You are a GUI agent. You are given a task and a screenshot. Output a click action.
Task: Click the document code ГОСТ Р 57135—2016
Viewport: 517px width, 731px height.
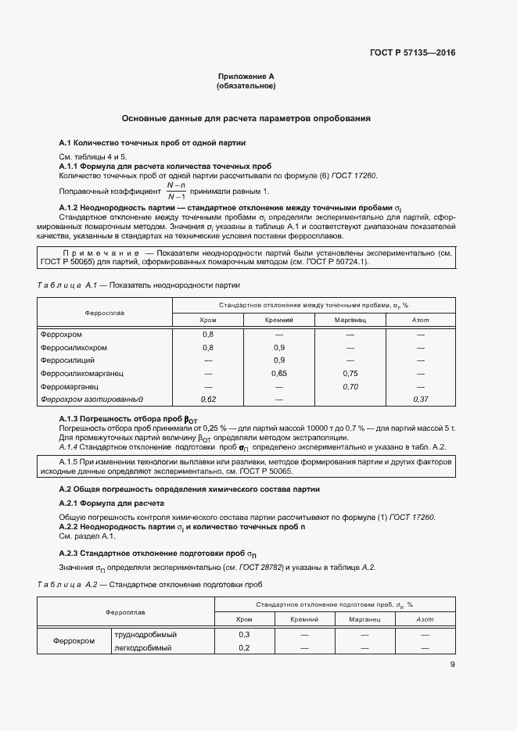point(411,53)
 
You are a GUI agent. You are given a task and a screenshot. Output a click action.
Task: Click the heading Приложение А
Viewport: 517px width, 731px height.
point(246,77)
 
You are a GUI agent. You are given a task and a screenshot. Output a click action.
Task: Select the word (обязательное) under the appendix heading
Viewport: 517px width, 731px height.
point(246,86)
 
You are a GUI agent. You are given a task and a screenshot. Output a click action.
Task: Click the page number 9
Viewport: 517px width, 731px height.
point(453,665)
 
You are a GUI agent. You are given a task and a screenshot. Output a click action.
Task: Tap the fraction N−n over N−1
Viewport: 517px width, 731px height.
point(177,191)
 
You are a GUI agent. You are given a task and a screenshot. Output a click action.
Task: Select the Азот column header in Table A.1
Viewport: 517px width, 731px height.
point(420,320)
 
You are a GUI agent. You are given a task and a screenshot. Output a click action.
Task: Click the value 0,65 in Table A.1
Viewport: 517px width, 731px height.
point(278,374)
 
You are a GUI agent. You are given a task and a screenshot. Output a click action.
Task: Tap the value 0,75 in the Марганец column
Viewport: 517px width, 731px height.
point(350,374)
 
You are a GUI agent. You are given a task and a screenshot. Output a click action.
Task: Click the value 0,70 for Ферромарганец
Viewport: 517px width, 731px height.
point(350,386)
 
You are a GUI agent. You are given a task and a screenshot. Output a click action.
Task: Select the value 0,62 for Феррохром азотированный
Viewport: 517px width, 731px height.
point(208,400)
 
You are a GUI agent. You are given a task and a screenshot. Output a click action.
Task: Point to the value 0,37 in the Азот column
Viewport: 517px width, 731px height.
point(420,400)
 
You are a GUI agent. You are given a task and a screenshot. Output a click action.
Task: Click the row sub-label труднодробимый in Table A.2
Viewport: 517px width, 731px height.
point(144,635)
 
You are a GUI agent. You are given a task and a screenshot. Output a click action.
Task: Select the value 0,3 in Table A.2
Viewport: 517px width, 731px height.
point(244,635)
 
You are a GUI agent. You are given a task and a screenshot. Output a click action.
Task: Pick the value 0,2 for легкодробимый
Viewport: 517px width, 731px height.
point(244,648)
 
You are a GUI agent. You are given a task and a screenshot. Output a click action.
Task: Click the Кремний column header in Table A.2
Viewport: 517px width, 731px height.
point(303,618)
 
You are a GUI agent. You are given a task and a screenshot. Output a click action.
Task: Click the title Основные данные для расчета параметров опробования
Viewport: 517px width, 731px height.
point(246,118)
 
